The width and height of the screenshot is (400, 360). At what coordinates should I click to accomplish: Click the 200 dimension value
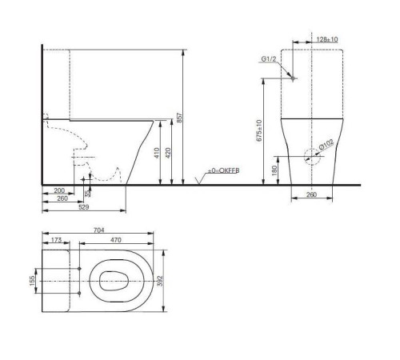pos(58,190)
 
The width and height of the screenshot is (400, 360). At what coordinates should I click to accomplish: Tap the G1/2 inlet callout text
pos(269,59)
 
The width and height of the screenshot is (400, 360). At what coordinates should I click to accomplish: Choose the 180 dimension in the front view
pos(274,169)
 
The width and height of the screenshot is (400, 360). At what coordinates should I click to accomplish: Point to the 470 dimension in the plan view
pos(115,239)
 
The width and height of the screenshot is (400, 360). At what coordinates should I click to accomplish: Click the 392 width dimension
pos(168,282)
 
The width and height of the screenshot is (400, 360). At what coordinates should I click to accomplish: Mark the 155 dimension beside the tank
pos(33,282)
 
